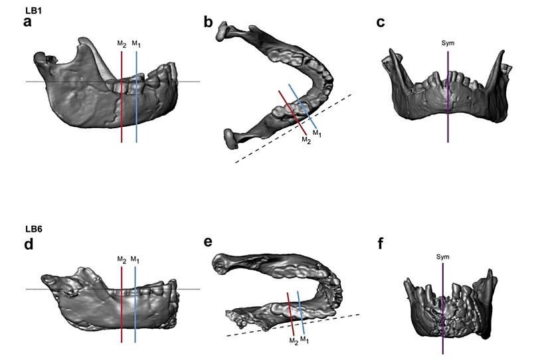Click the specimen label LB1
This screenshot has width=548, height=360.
pyautogui.click(x=32, y=11)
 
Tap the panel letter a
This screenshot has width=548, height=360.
pyautogui.click(x=28, y=23)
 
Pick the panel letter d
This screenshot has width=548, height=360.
pyautogui.click(x=28, y=244)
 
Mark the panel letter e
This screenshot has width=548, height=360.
pyautogui.click(x=208, y=241)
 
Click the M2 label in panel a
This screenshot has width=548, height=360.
pyautogui.click(x=122, y=44)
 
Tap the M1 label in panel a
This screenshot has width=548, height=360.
pyautogui.click(x=136, y=44)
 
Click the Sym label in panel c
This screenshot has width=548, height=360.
pyautogui.click(x=448, y=43)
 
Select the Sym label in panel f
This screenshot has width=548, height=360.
pyautogui.click(x=442, y=256)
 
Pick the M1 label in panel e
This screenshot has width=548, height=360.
pyautogui.click(x=304, y=339)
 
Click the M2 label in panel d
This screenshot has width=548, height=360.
pyautogui.click(x=122, y=258)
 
